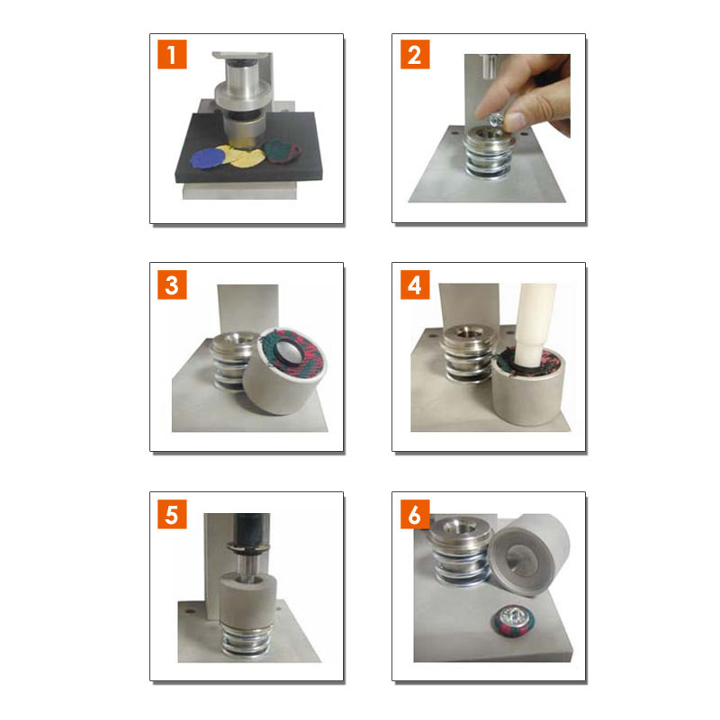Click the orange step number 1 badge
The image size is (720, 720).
pos(172,54)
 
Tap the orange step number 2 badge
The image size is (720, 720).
pos(415,54)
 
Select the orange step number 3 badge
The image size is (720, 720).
pos(172,284)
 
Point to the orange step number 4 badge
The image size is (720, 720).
pos(415,284)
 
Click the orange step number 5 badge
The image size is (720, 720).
pos(172,514)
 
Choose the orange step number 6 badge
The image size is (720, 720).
pos(415,514)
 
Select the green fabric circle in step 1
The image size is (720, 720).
pos(282,150)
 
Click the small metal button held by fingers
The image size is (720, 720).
pos(496,121)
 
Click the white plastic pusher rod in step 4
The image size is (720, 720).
pos(534,325)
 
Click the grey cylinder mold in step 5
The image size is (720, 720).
pos(248,599)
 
